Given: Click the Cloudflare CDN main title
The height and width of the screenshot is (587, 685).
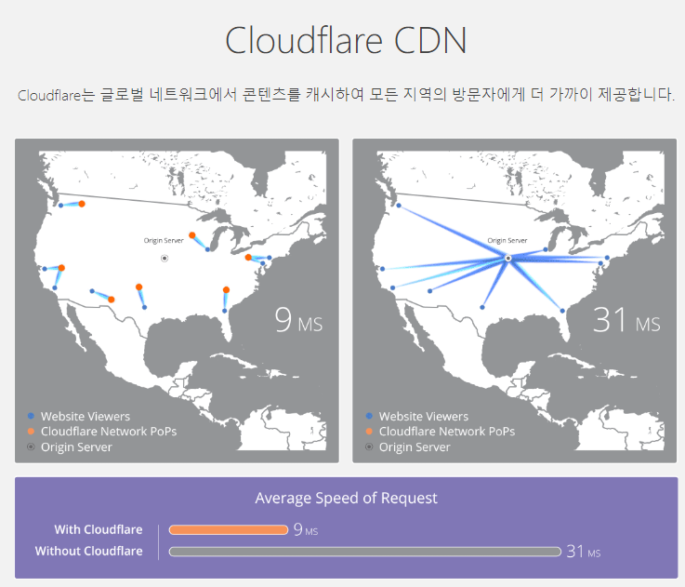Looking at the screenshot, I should [346, 42].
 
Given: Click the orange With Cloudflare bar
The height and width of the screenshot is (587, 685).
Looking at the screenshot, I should [229, 530].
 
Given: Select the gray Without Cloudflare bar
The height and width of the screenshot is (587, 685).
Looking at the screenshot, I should [364, 552].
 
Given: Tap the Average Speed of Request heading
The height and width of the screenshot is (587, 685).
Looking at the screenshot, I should [346, 499].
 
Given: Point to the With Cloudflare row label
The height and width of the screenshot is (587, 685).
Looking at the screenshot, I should [99, 530].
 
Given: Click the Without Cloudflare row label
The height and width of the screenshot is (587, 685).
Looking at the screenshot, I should [89, 552].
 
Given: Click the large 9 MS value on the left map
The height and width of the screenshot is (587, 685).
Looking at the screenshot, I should [298, 320].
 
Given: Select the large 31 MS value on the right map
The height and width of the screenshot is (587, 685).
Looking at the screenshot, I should [626, 320].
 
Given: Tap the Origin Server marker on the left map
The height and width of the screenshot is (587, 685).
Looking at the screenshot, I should [165, 258].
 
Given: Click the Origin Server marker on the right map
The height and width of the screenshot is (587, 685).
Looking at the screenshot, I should [507, 258].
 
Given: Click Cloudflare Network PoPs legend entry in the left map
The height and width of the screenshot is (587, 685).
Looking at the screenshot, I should [108, 432].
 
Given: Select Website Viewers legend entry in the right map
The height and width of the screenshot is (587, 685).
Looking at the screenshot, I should [424, 417].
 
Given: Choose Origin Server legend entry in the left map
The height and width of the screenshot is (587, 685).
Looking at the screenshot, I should [76, 447].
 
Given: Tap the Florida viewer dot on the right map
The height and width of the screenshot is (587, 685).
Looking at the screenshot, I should [562, 311].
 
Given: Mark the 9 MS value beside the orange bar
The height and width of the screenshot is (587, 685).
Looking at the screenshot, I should [305, 530].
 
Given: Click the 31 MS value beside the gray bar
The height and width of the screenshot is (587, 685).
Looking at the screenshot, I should [583, 552].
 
